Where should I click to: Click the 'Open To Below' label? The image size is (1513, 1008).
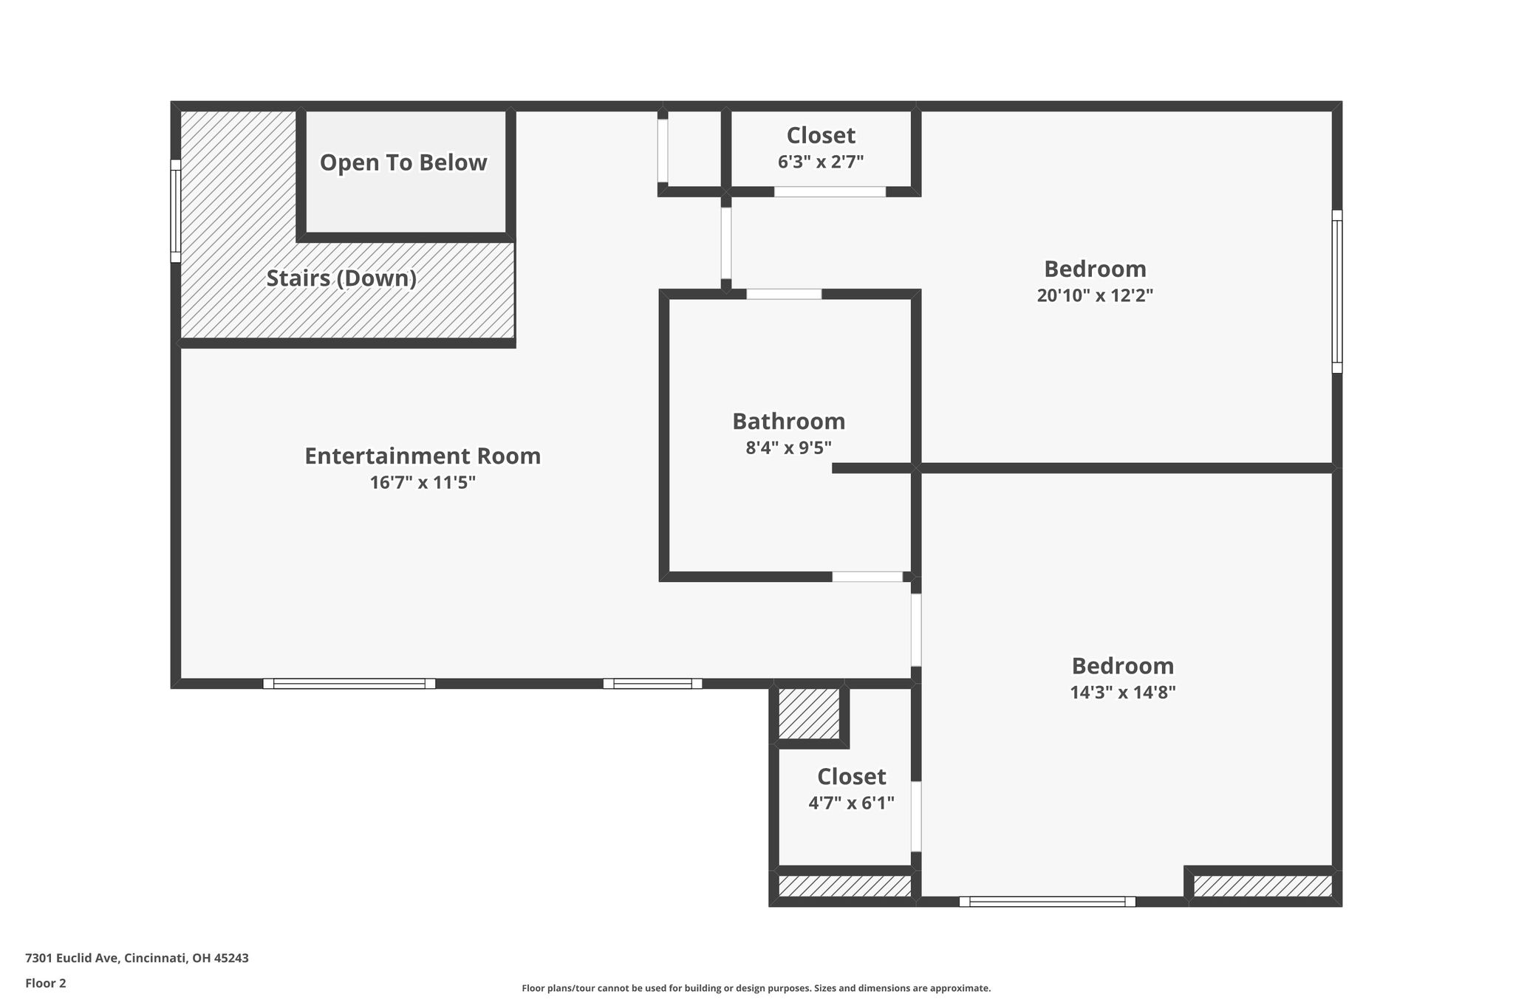click(x=403, y=162)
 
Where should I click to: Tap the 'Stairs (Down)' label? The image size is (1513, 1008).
click(x=341, y=278)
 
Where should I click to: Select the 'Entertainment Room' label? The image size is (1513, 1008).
click(x=423, y=456)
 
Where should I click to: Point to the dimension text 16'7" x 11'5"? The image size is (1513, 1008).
click(x=423, y=483)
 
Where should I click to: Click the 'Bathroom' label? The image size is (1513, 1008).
click(x=789, y=421)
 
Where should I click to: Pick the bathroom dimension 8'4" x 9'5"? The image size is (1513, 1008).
click(x=789, y=448)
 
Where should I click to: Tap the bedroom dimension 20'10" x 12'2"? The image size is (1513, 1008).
click(x=1095, y=295)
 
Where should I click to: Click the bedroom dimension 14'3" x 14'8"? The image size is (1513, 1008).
click(x=1123, y=693)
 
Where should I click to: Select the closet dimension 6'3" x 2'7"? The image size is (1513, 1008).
click(x=821, y=162)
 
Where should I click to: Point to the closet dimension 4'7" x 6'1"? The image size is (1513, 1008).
click(x=852, y=803)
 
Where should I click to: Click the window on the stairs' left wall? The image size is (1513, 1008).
click(x=176, y=210)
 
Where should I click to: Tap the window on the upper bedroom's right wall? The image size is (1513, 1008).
click(x=1337, y=291)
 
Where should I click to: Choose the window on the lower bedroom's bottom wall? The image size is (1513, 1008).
click(x=1047, y=901)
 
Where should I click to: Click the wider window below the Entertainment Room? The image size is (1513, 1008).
click(x=349, y=683)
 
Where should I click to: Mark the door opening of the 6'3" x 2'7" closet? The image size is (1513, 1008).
click(x=830, y=191)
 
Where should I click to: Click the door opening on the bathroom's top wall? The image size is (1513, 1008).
click(x=784, y=294)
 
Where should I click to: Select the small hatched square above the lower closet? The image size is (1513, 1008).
click(x=809, y=713)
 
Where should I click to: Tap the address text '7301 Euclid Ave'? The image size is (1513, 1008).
click(x=72, y=959)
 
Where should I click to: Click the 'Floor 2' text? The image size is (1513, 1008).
click(x=46, y=984)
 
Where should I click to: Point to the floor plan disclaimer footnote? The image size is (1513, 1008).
click(x=756, y=988)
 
